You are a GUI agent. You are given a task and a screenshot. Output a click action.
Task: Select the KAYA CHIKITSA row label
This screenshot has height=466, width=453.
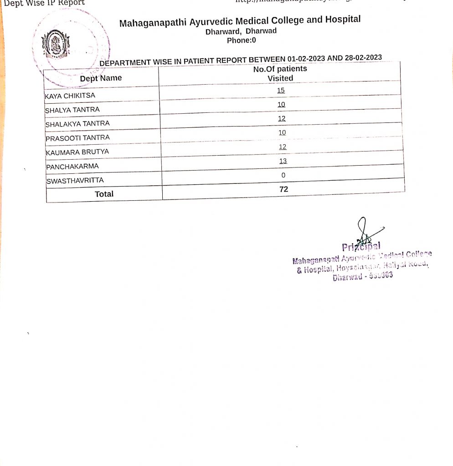point(70,96)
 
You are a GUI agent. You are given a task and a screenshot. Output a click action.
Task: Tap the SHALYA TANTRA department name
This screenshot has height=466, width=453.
point(72,110)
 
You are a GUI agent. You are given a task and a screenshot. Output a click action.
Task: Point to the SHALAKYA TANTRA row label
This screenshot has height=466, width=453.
point(77,123)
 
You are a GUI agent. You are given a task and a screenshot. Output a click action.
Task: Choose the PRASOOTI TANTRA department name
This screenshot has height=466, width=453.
point(77,137)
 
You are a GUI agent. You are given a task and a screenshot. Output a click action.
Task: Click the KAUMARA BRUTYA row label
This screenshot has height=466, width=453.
point(77,152)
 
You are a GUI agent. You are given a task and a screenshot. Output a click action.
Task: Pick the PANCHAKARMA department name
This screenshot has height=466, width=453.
point(72,166)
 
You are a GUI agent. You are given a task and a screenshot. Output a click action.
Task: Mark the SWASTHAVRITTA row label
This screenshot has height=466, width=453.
point(75,180)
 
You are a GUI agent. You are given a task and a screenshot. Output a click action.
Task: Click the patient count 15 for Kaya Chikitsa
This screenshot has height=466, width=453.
point(281,90)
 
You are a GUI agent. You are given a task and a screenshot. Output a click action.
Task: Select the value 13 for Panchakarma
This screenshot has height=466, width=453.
point(283,161)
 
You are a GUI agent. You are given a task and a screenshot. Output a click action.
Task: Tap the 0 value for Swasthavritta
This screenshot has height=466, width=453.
point(283,175)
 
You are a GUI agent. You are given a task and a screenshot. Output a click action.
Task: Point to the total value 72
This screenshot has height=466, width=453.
point(283,189)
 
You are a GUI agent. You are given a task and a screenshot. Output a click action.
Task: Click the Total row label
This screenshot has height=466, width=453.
point(104,194)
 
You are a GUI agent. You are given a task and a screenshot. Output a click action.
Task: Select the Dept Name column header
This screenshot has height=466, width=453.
point(101,78)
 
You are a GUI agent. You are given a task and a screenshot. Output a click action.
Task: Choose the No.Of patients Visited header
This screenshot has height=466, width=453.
point(280,73)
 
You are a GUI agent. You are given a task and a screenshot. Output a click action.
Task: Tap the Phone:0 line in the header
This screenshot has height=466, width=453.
point(242,40)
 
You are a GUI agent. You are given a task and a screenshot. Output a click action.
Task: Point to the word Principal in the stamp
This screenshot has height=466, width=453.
point(361,247)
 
